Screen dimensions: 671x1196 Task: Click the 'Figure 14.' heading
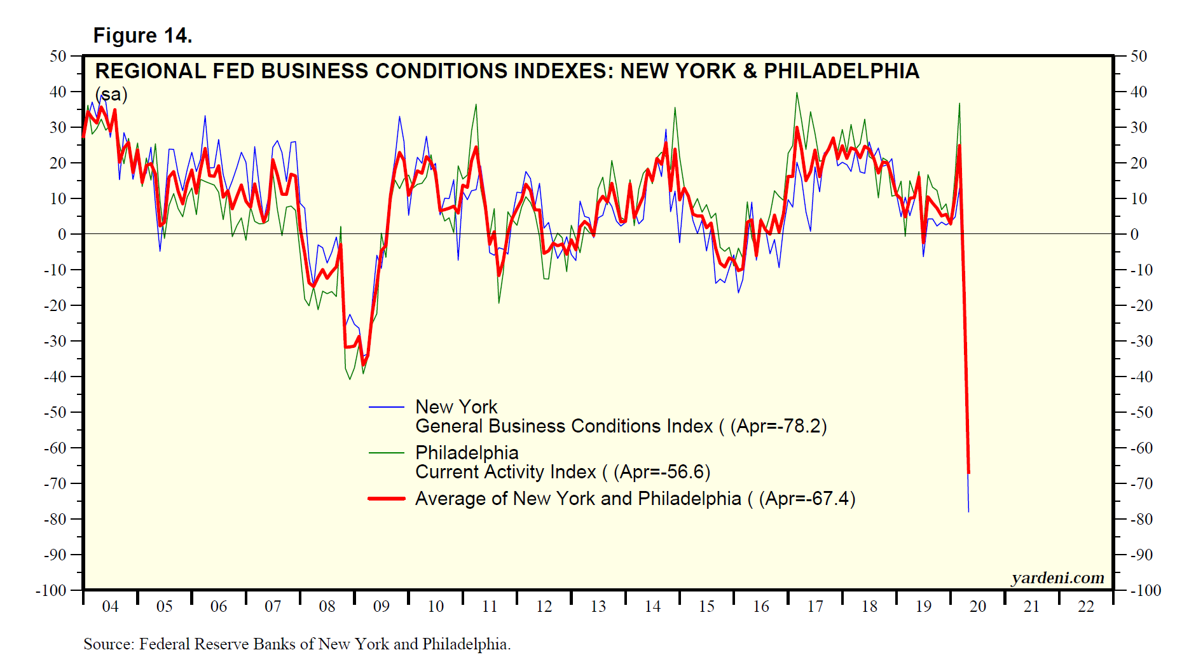point(142,36)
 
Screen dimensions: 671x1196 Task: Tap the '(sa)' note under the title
point(111,95)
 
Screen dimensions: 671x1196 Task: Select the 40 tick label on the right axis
point(1139,92)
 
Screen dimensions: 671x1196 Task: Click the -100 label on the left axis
point(51,590)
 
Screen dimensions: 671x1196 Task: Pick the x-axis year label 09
point(381,606)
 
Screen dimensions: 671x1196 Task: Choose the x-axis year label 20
point(977,606)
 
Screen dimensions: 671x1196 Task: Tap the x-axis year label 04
point(110,606)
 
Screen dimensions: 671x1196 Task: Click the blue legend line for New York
point(386,407)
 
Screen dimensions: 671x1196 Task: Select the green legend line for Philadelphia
point(386,453)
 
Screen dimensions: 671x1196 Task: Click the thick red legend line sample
point(386,499)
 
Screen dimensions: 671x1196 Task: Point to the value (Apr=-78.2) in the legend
point(778,426)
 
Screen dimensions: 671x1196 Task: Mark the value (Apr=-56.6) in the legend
point(662,472)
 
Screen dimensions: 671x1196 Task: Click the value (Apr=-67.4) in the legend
point(807,499)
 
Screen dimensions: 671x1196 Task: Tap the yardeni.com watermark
point(1058,578)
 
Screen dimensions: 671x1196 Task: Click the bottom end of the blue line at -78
point(968,511)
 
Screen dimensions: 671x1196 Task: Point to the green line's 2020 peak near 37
point(959,104)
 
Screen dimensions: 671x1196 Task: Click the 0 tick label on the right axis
point(1134,234)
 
